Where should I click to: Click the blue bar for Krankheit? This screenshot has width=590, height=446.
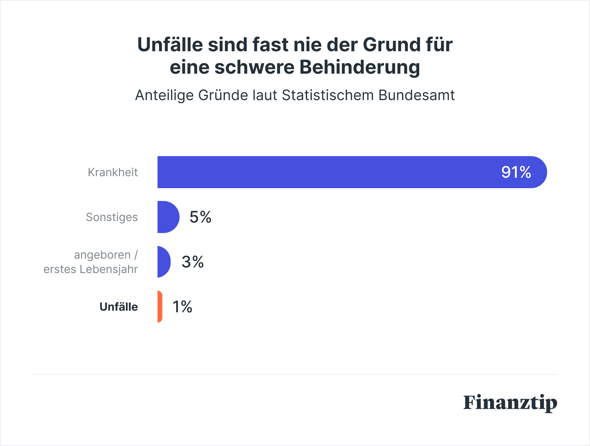(321, 172)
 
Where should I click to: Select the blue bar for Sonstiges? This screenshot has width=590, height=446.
(168, 217)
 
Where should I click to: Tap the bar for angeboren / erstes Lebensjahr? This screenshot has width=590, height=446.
(164, 262)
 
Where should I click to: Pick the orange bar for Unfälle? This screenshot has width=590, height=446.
(160, 307)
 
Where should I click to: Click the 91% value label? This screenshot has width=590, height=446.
(516, 172)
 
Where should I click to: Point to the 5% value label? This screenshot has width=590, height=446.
(200, 217)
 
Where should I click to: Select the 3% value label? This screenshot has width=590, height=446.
(192, 262)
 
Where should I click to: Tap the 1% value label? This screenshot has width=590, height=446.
(182, 307)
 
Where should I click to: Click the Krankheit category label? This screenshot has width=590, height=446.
(113, 172)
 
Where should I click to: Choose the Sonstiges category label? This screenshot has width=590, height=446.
(112, 217)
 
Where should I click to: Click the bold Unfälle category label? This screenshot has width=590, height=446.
(119, 307)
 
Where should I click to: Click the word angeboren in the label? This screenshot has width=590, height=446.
(102, 255)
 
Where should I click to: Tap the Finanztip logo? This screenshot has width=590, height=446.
(510, 403)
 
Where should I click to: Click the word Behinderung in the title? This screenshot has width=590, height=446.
(360, 67)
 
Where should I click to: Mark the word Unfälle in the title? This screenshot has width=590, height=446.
(170, 44)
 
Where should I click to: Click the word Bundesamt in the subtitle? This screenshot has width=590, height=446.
(416, 95)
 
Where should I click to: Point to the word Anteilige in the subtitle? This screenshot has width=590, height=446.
(164, 95)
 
